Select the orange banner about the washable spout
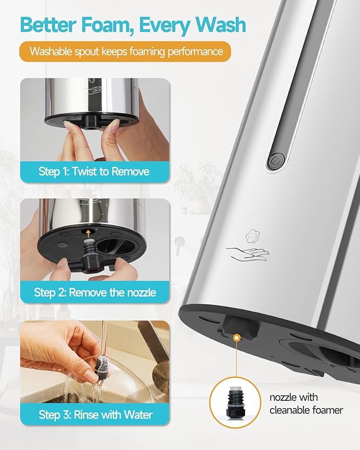coord(125,51)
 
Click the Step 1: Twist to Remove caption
coord(94,171)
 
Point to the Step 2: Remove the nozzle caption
coord(95,292)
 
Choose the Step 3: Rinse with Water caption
coord(95,414)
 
